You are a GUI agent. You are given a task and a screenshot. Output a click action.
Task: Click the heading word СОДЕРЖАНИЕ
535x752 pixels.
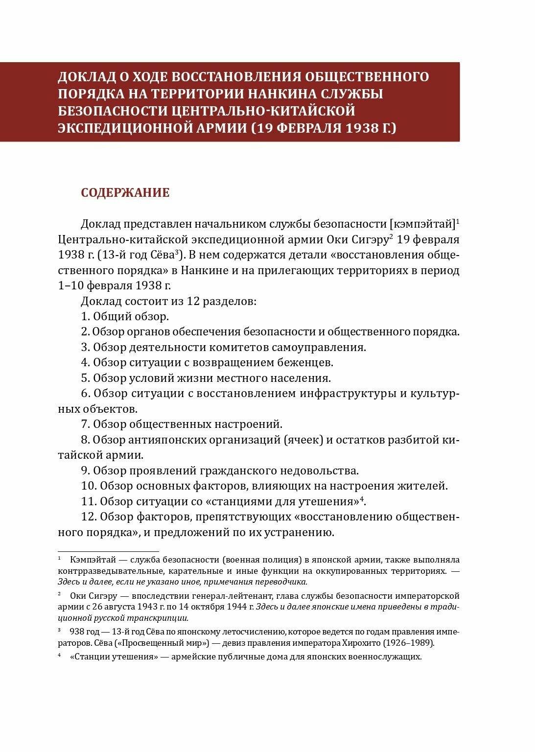[125, 193]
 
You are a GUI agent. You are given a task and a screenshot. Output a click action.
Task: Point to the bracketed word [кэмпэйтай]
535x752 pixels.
[422, 224]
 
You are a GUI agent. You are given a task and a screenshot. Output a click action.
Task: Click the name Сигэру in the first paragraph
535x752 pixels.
[370, 240]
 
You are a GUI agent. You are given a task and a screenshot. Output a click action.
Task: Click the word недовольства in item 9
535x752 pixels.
[319, 471]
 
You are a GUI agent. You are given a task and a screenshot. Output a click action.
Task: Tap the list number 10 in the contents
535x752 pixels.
[87, 486]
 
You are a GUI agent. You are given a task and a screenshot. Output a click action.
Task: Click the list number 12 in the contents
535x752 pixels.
[87, 517]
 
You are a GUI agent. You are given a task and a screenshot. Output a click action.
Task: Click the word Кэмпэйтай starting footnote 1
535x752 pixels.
[92, 560]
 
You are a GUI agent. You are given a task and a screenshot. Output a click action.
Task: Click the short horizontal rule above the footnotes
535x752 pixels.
[108, 551]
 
